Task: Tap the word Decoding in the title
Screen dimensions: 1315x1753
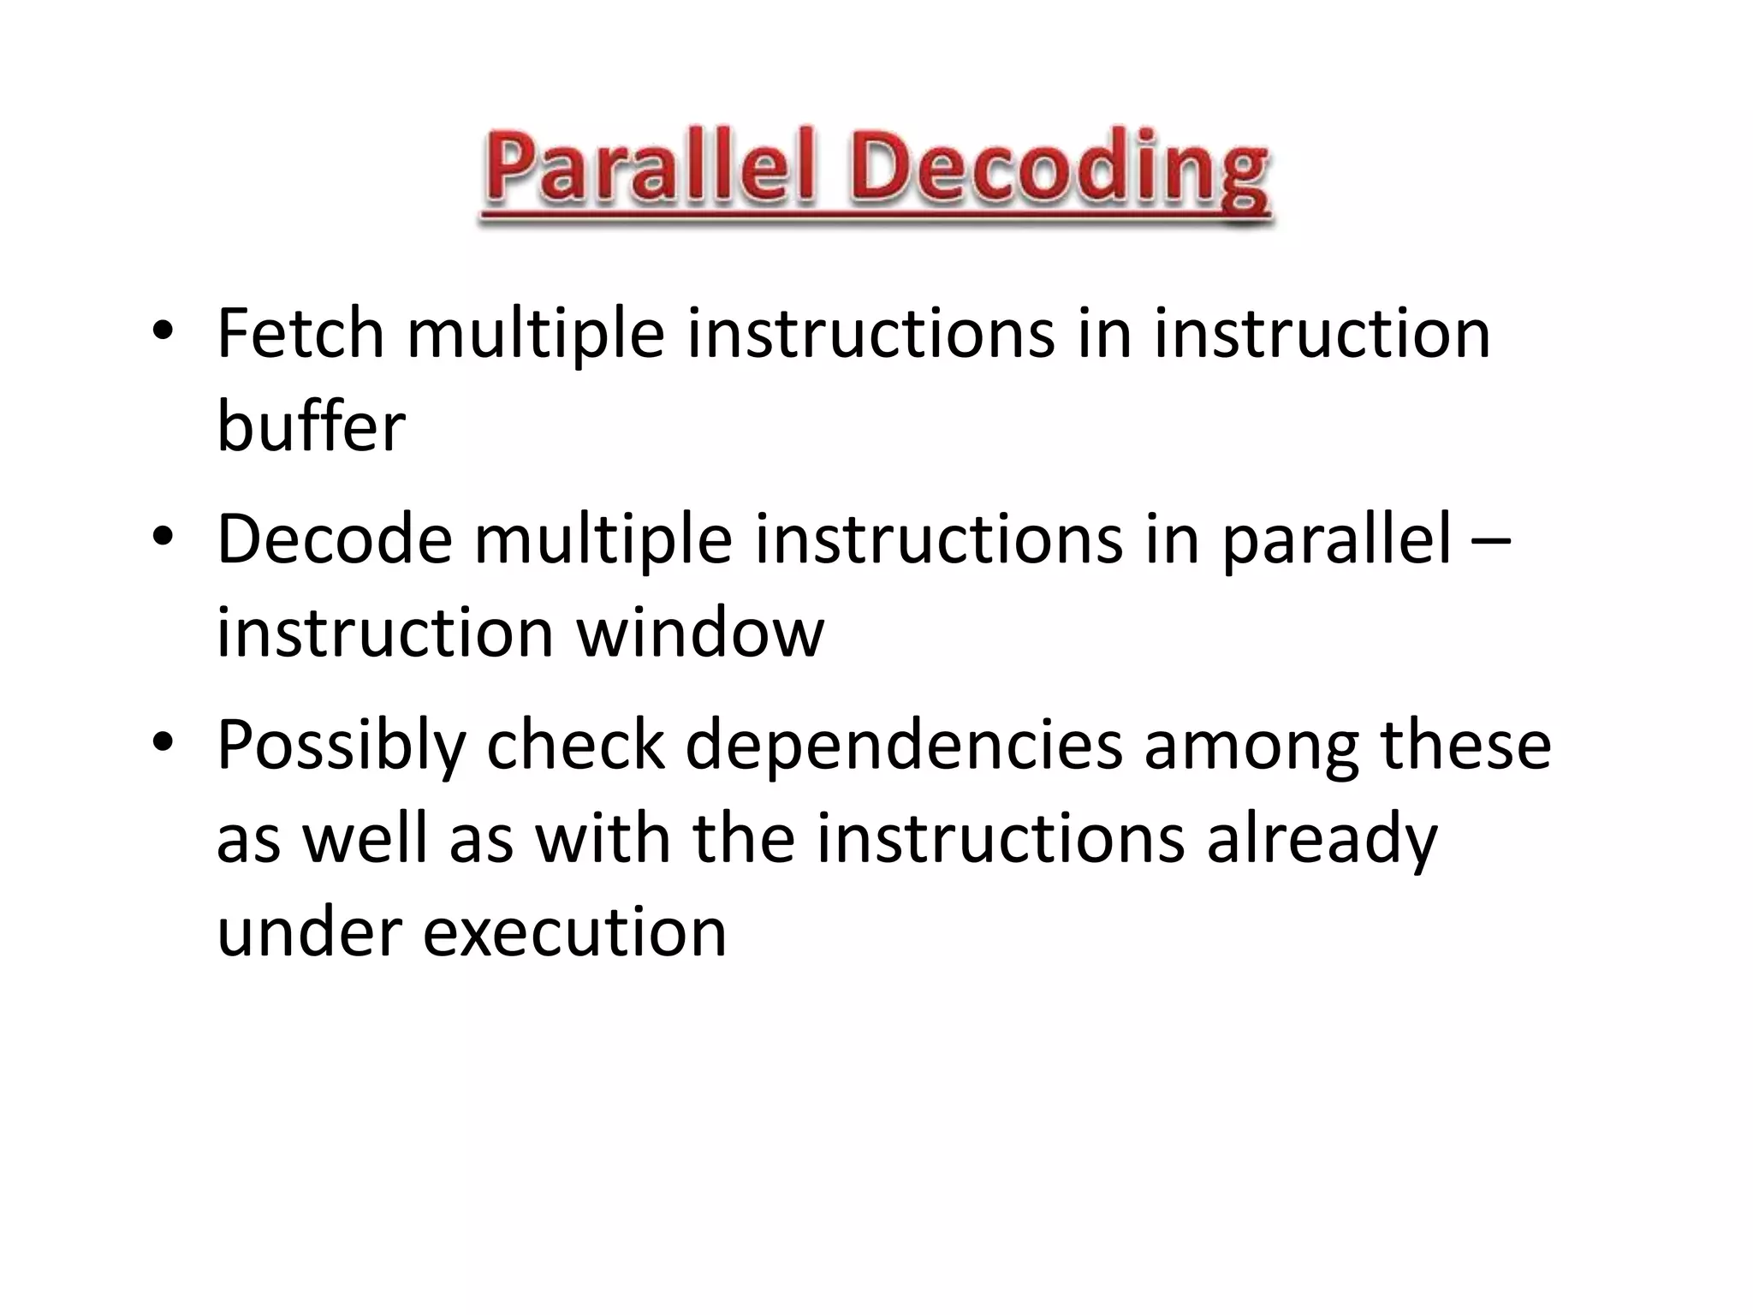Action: point(1060,171)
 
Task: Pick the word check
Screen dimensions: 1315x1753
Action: point(575,745)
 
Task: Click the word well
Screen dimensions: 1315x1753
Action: point(365,838)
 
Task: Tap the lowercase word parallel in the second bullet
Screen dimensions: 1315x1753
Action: point(1336,542)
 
